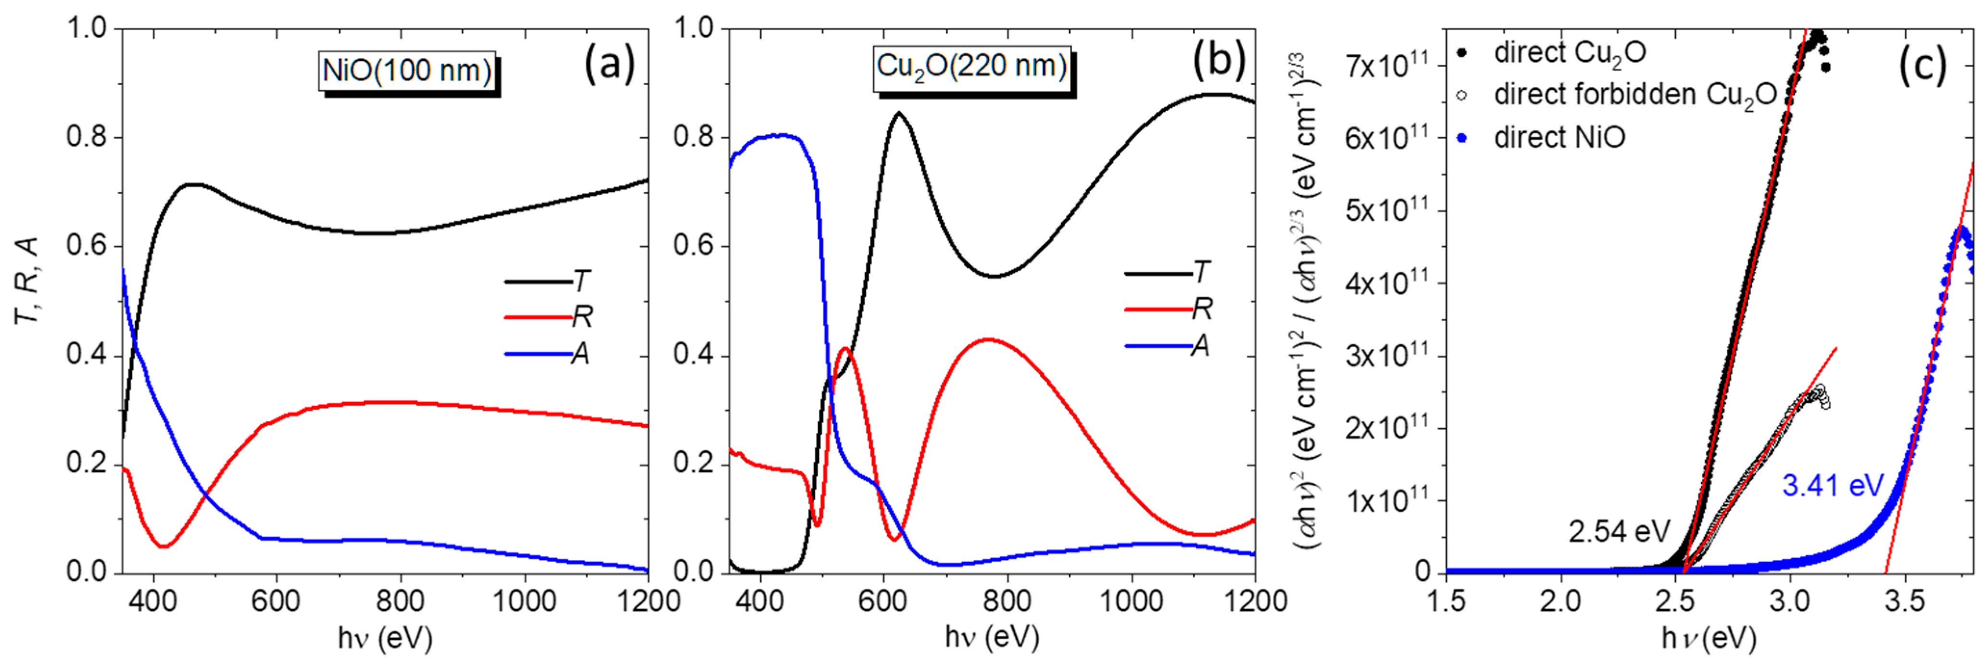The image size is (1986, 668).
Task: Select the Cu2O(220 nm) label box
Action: [x=971, y=67]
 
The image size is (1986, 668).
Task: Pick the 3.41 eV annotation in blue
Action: [x=1833, y=486]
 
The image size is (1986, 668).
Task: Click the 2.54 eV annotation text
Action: [x=1618, y=531]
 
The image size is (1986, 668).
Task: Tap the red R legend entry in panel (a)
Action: [x=548, y=317]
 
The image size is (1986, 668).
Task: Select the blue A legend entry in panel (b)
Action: [x=1167, y=346]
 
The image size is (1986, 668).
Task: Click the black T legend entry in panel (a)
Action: [x=548, y=281]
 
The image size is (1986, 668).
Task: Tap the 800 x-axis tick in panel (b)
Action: [x=1007, y=601]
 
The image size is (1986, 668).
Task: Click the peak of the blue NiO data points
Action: [x=1959, y=230]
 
